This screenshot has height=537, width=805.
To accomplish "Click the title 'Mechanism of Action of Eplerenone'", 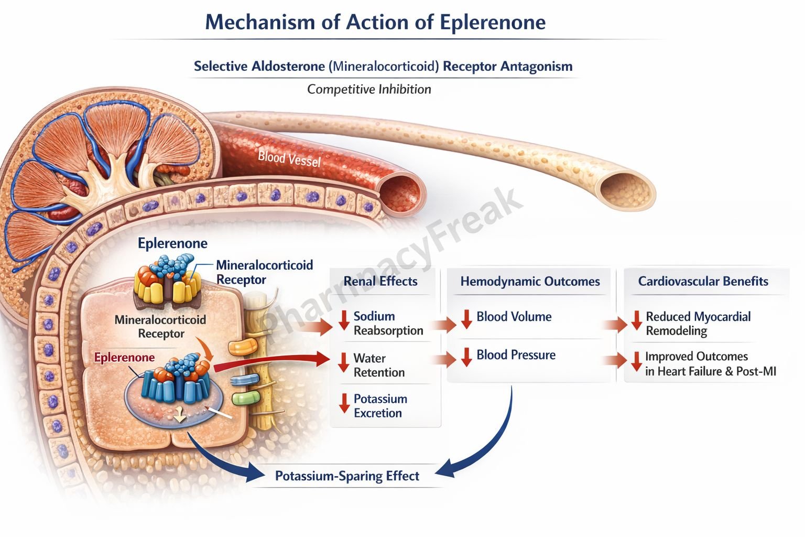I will (x=375, y=22).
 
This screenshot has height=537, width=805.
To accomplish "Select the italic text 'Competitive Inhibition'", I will (x=369, y=89).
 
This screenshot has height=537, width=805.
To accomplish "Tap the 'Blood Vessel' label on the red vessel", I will (x=289, y=158).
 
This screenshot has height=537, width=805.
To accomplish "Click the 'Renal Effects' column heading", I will (x=380, y=281).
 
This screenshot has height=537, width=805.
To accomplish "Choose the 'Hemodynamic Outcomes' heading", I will (x=530, y=281).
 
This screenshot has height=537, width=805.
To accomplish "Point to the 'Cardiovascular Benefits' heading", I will (x=703, y=281).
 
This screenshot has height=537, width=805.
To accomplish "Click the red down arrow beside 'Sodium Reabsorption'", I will (x=344, y=320).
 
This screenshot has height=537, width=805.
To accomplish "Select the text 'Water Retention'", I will (x=379, y=365).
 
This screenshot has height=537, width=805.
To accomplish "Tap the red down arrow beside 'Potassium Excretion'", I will (x=344, y=403).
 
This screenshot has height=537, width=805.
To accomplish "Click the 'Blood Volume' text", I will (x=514, y=317).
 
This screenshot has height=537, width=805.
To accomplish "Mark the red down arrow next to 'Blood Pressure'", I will (x=466, y=357).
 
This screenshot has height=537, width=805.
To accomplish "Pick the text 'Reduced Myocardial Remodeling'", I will (x=698, y=324).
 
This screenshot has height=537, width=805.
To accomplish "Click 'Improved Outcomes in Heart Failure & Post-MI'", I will (x=710, y=363).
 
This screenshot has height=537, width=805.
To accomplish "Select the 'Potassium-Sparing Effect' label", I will (x=347, y=476).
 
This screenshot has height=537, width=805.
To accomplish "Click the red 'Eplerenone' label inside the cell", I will (x=124, y=358).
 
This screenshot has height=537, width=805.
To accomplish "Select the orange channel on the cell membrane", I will (x=243, y=347).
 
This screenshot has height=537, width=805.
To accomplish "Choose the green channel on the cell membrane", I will (x=243, y=398).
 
